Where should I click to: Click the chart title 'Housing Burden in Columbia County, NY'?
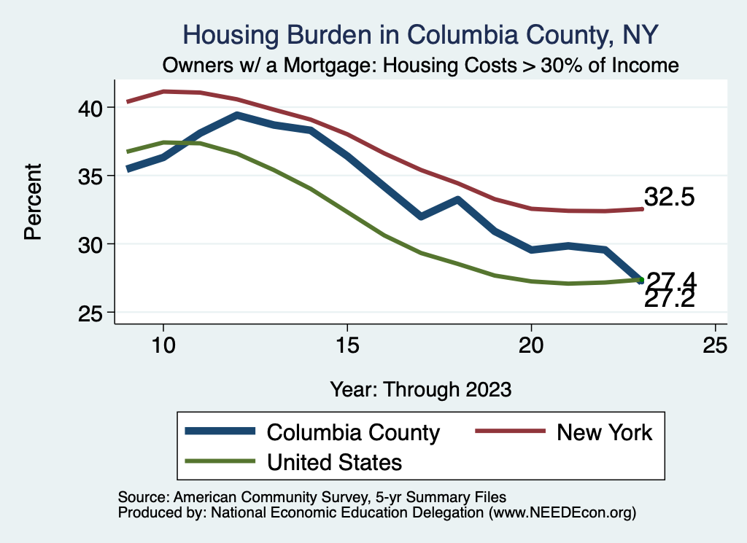[421, 34]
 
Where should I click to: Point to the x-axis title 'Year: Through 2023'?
[420, 388]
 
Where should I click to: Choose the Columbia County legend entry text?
[353, 432]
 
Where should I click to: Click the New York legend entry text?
[605, 432]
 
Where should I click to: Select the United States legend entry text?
[334, 461]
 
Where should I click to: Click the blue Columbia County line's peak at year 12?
[236, 115]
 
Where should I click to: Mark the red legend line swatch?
[510, 432]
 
